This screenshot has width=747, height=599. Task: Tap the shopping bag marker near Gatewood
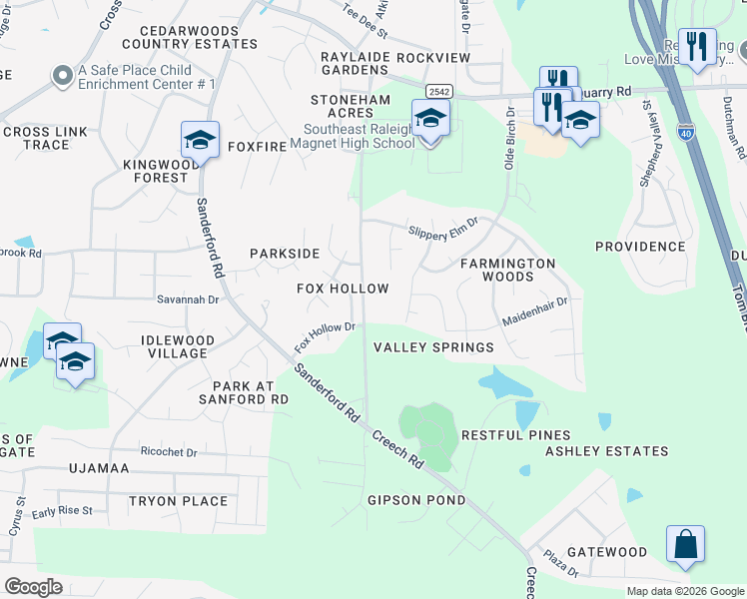coord(685,545)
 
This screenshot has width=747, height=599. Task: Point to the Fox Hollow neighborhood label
coord(343,289)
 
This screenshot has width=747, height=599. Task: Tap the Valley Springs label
coord(433,347)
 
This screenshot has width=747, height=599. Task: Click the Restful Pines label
coord(515,435)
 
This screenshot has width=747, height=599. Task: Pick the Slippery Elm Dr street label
coord(443,231)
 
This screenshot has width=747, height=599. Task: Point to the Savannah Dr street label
coord(187,299)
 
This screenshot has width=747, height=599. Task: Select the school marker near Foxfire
coord(200,141)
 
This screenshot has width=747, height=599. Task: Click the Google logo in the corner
coord(33,587)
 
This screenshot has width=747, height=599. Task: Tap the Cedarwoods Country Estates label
coord(190,38)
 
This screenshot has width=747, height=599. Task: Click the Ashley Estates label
coord(606,451)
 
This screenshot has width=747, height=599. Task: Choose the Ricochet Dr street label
coord(169,452)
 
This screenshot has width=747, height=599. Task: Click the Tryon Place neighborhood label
coord(178,501)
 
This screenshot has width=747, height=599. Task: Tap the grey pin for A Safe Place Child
coord(62,75)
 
